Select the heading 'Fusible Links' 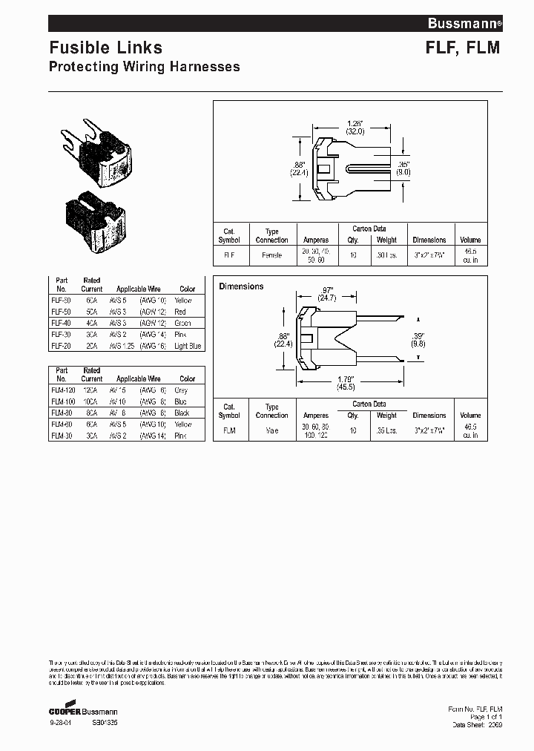coord(105,47)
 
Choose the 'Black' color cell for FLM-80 coord(182,413)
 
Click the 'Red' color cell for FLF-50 coord(180,312)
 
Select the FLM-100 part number coord(62,401)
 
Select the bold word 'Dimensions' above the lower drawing coord(241,286)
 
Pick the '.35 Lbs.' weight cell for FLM coord(386,430)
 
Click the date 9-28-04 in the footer coord(60,721)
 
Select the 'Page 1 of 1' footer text coord(486,717)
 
